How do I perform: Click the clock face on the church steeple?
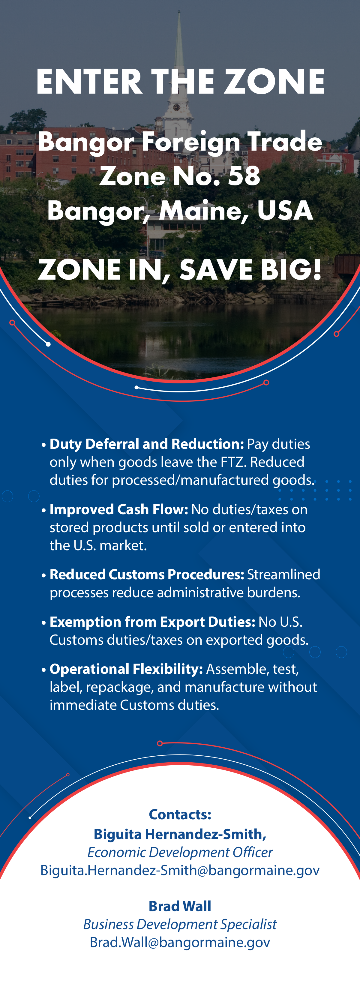coord(176,107)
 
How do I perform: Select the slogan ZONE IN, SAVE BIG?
coord(180,269)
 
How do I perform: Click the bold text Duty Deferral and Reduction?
coord(147,444)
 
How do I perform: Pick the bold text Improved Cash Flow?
coord(119,509)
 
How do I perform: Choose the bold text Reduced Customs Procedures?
coord(147,574)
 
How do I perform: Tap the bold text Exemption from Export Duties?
coord(152,622)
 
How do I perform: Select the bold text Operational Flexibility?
coord(126,669)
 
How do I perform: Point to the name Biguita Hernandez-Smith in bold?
coord(180,834)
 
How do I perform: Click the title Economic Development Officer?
coord(180,852)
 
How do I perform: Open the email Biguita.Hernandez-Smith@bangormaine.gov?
coord(180,870)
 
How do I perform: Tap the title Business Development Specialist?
coord(180,924)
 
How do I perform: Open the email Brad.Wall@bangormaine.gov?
coord(180,942)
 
